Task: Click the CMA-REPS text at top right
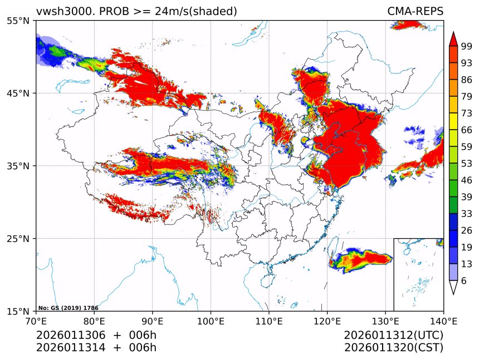pyautogui.click(x=416, y=12)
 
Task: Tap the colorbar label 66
pyautogui.click(x=467, y=130)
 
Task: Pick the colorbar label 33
pyautogui.click(x=467, y=214)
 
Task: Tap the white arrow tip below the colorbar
pyautogui.click(x=453, y=288)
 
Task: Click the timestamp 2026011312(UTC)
pyautogui.click(x=393, y=335)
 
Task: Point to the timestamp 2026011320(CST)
pyautogui.click(x=393, y=348)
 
